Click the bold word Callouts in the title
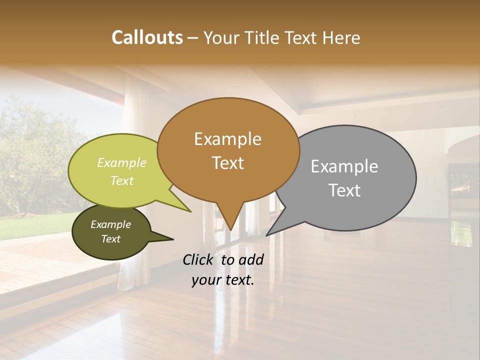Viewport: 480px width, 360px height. click(147, 37)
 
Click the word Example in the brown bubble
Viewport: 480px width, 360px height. click(227, 139)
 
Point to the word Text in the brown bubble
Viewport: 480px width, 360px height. click(227, 163)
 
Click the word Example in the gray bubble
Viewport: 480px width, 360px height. click(344, 166)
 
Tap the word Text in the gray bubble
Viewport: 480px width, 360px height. click(344, 190)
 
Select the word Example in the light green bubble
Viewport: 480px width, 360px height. click(122, 162)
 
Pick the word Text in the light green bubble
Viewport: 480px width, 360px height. click(122, 180)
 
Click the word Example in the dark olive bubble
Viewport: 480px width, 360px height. click(110, 224)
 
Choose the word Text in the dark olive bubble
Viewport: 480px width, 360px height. click(110, 239)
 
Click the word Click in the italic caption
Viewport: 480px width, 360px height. click(199, 259)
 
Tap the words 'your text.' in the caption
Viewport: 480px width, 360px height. click(223, 280)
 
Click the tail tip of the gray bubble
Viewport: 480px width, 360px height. click(266, 235)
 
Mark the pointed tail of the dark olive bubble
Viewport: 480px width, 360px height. click(173, 239)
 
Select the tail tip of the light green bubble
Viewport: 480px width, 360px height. click(191, 211)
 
